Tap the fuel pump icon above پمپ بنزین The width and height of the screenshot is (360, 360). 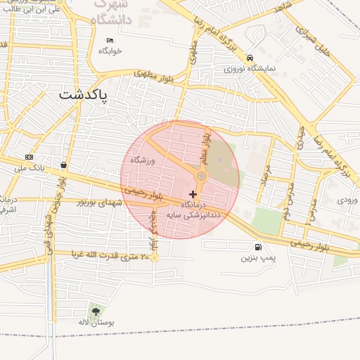(259, 247)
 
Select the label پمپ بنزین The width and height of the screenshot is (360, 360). (256, 259)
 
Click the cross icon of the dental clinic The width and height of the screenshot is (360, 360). (193, 193)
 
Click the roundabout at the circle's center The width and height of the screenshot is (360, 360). (202, 176)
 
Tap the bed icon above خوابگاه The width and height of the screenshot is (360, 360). (110, 40)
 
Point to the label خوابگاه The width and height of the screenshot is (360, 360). (110, 51)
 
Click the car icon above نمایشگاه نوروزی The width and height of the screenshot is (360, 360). (249, 58)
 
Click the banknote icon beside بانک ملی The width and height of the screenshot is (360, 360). (29, 157)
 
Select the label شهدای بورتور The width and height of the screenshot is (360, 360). (99, 202)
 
